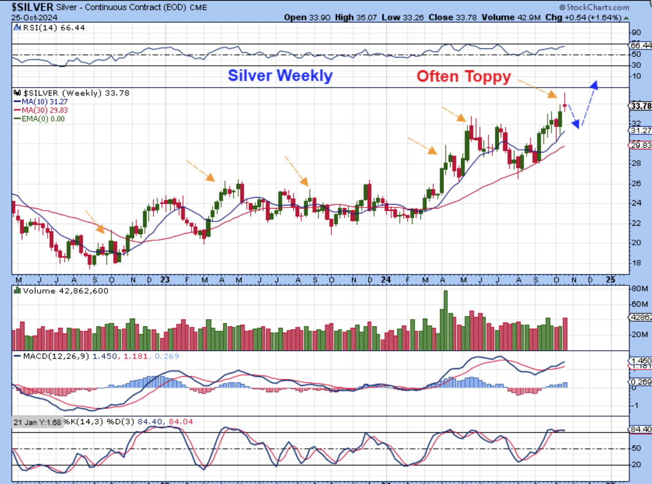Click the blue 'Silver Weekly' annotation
tap(280, 76)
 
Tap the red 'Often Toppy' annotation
tap(464, 77)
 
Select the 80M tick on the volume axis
tap(636, 288)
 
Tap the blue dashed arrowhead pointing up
tap(594, 85)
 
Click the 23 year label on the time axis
tap(165, 280)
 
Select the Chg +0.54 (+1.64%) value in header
tap(589, 17)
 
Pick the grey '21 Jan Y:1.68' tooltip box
tap(37, 422)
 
